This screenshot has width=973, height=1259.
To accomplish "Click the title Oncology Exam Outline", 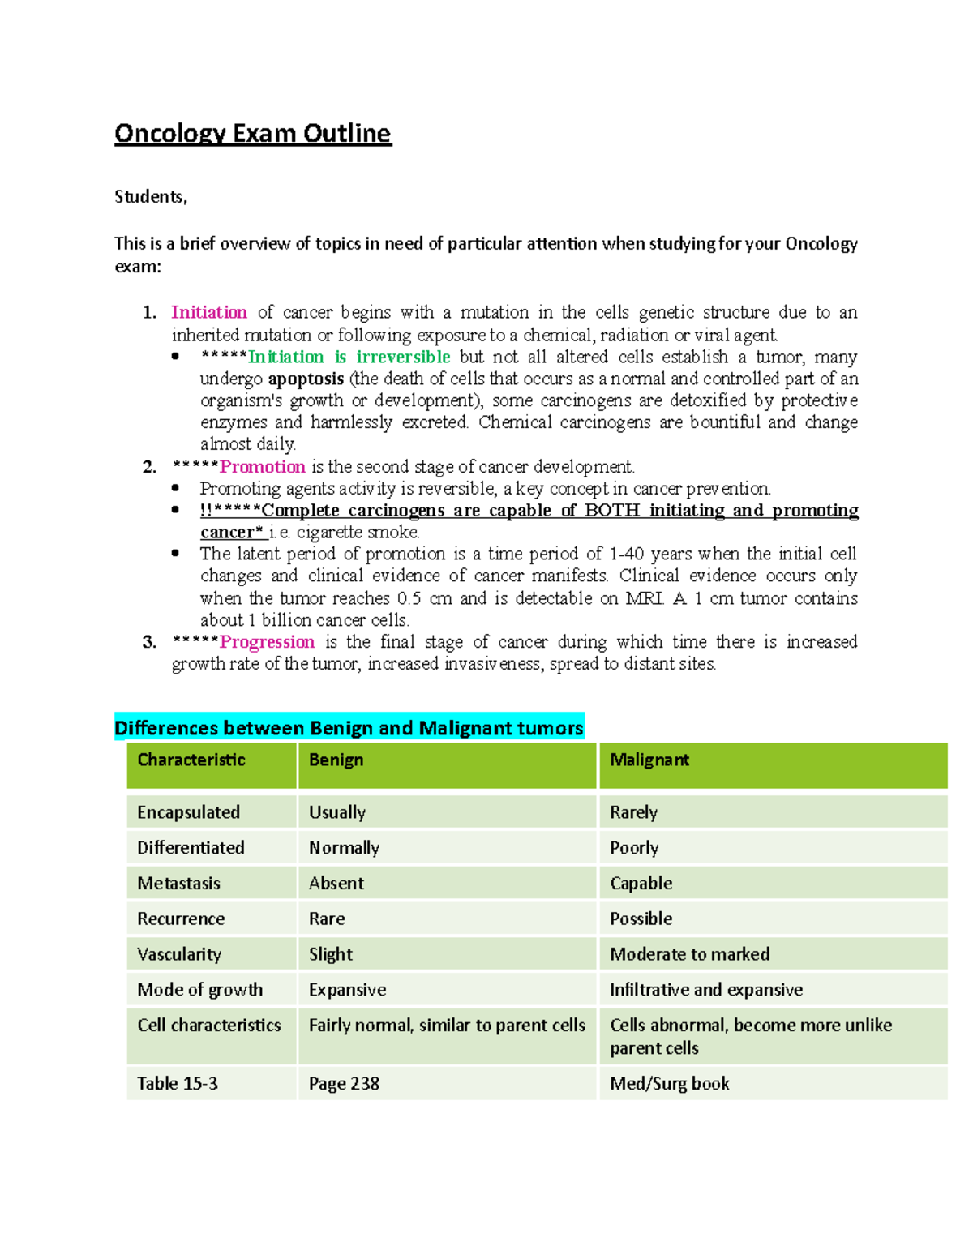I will click(x=252, y=133).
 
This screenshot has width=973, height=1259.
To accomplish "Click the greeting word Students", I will click(x=150, y=197).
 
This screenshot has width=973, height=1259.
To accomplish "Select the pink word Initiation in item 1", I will click(x=209, y=312).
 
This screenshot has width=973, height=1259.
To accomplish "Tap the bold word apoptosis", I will click(x=306, y=379).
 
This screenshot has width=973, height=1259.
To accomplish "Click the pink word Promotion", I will click(x=263, y=467).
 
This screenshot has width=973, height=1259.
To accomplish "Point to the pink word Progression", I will click(x=267, y=642).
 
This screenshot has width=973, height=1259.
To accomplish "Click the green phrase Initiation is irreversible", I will click(x=349, y=357).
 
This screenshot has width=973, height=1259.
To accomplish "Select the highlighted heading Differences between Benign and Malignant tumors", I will click(x=349, y=728).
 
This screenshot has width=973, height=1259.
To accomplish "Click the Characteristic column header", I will click(x=191, y=760).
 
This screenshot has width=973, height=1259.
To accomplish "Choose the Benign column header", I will click(x=336, y=760).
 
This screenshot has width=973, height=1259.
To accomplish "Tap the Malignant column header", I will click(x=649, y=760).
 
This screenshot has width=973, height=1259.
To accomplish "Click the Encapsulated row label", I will click(x=188, y=812).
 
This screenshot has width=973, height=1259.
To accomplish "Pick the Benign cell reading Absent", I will click(x=336, y=883).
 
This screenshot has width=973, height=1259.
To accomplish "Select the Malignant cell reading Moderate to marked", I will click(x=689, y=954).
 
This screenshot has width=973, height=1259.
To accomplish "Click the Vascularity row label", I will click(x=179, y=954).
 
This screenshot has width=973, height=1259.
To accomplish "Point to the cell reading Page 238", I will click(x=344, y=1084).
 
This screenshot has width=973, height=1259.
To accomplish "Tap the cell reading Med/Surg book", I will click(x=669, y=1084).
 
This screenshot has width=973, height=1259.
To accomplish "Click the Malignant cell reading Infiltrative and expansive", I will click(x=705, y=990).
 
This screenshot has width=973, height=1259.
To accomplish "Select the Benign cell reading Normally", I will click(x=344, y=848).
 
